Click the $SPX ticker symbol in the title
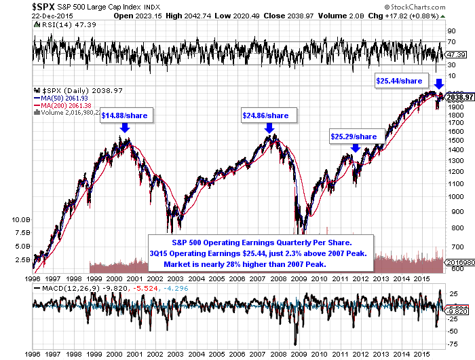pyautogui.click(x=20, y=6)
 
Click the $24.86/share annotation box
pyautogui.click(x=265, y=115)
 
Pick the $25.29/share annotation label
pyautogui.click(x=353, y=137)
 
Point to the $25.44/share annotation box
pyautogui.click(x=400, y=80)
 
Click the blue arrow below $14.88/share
pyautogui.click(x=125, y=127)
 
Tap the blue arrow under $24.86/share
pyautogui.click(x=270, y=127)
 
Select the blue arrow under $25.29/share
pyautogui.click(x=355, y=147)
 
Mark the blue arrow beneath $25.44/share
pyautogui.click(x=439, y=84)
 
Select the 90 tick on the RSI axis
pyautogui.click(x=451, y=31)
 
